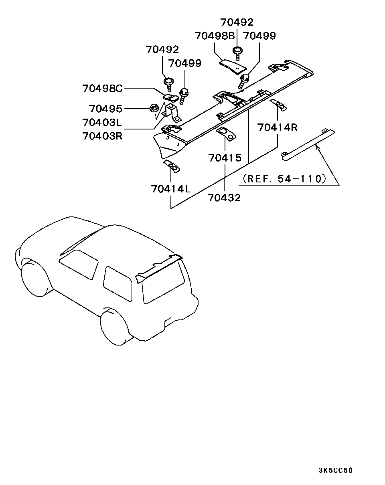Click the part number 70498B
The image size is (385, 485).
(214, 36)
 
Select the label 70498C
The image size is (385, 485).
(102, 88)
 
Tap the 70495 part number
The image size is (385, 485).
(105, 109)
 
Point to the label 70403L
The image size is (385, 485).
(102, 122)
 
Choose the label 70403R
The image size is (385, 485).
(102, 135)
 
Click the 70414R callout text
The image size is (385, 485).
(278, 128)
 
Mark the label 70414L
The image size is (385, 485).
(171, 188)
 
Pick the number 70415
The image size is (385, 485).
(225, 158)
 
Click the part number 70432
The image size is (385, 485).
(225, 197)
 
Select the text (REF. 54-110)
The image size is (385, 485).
(284, 178)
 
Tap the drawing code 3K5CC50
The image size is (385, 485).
(336, 471)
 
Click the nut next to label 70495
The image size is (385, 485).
(153, 107)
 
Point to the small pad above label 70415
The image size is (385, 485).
(226, 133)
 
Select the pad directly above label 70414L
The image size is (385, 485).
(171, 166)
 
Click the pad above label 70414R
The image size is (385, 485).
(278, 105)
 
